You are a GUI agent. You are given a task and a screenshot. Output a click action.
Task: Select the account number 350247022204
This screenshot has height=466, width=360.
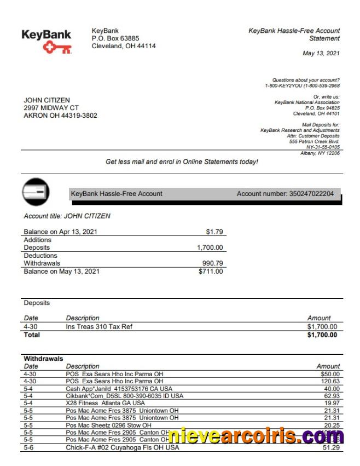tap(312, 194)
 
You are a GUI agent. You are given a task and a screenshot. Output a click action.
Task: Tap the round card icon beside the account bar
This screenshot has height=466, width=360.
tap(36, 192)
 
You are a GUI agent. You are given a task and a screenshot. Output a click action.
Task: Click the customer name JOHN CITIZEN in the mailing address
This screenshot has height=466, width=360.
tap(47, 100)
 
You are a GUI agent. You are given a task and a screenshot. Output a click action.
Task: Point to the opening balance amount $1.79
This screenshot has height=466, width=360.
tap(213, 232)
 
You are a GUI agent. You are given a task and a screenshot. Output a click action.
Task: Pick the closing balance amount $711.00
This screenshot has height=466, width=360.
tap(211, 271)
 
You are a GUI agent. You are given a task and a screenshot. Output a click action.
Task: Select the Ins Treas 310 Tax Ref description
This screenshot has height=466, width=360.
tap(99, 327)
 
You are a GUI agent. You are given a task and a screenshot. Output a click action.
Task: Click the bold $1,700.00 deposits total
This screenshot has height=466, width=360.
tap(322, 335)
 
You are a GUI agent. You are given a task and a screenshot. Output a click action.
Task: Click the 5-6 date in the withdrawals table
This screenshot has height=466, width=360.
tap(28, 448)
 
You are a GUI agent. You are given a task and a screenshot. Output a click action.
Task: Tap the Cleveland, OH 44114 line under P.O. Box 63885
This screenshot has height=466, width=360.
tap(124, 46)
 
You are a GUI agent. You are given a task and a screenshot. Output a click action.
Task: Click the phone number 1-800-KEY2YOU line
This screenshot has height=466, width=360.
tap(302, 86)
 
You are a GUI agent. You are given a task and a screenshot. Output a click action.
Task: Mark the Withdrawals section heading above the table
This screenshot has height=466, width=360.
tap(43, 359)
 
